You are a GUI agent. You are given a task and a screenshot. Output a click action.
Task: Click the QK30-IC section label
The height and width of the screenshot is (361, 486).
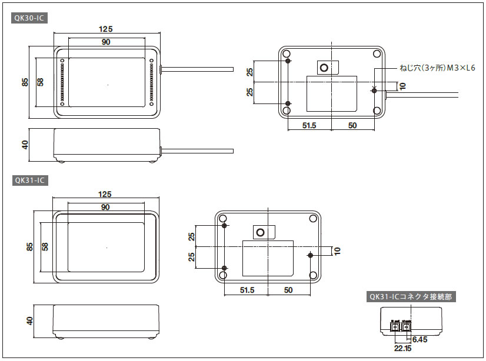pos(29,18)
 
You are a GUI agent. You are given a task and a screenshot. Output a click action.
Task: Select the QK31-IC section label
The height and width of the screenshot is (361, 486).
pos(29,180)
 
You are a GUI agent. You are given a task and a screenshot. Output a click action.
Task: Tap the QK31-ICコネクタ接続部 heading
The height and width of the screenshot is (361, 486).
pos(410,297)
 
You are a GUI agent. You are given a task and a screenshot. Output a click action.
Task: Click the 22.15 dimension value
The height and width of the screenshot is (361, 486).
pos(402,349)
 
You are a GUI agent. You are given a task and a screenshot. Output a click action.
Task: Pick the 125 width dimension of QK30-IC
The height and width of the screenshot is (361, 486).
pos(106,29)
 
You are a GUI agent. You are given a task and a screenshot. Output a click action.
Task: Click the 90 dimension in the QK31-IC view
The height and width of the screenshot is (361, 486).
pos(106,207)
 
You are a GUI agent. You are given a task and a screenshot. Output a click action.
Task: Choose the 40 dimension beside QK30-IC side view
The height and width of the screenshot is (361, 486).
pos(25,145)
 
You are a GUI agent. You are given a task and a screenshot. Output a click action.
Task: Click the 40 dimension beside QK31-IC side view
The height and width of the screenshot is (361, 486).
pos(29,321)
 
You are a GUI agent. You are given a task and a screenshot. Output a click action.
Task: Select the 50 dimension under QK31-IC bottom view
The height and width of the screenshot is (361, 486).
pos(288,290)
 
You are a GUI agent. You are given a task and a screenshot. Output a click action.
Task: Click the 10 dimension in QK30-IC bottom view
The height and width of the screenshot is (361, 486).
pos(402,86)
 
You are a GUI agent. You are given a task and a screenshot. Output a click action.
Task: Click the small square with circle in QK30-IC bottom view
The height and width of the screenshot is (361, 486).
pos(324,68)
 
